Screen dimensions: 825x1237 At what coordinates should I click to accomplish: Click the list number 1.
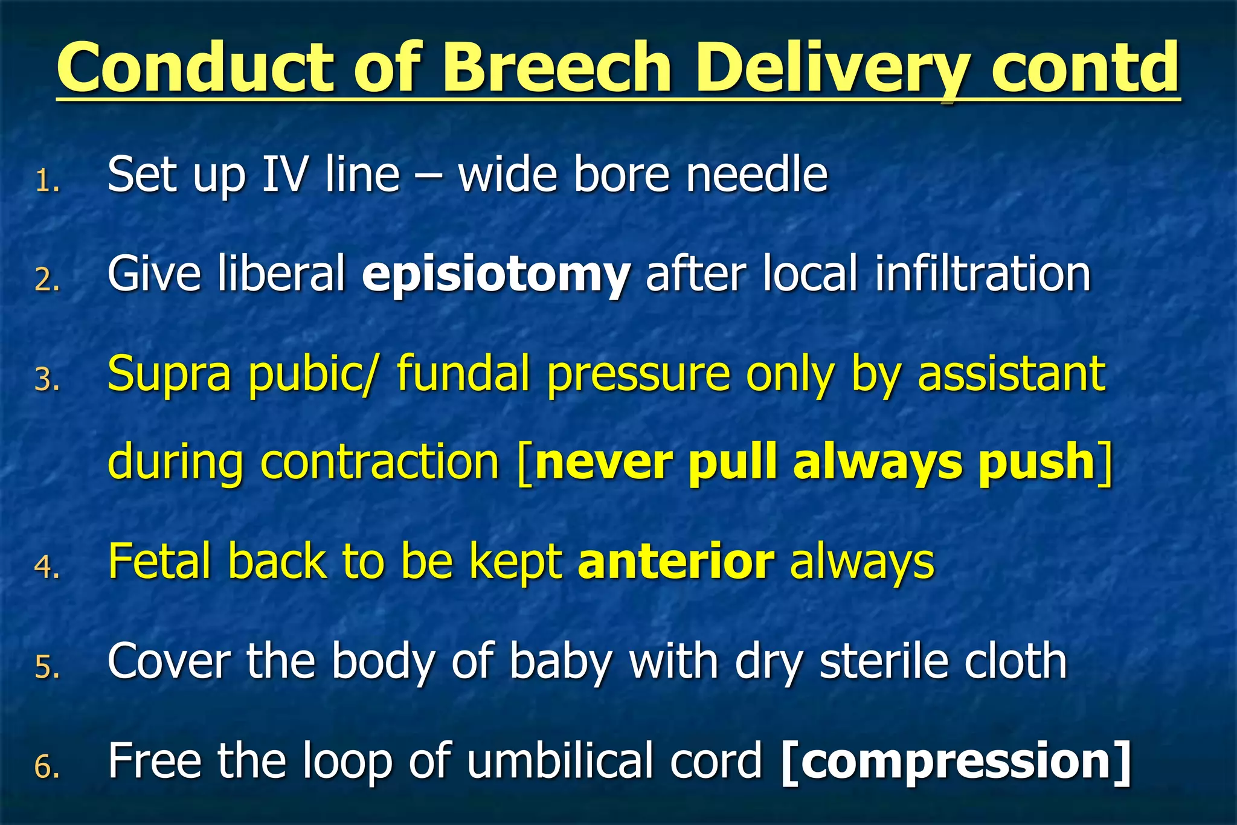pyautogui.click(x=47, y=181)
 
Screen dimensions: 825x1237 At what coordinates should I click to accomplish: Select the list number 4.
pyautogui.click(x=47, y=567)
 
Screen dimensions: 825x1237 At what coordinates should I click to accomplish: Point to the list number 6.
pyautogui.click(x=47, y=766)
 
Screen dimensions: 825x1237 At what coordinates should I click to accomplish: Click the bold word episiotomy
pyautogui.click(x=496, y=275)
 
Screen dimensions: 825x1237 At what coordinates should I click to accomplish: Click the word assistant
pyautogui.click(x=1011, y=374)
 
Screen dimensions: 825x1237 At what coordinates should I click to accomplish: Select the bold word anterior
pyautogui.click(x=676, y=562)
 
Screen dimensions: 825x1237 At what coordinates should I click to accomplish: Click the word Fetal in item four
pyautogui.click(x=159, y=562)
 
